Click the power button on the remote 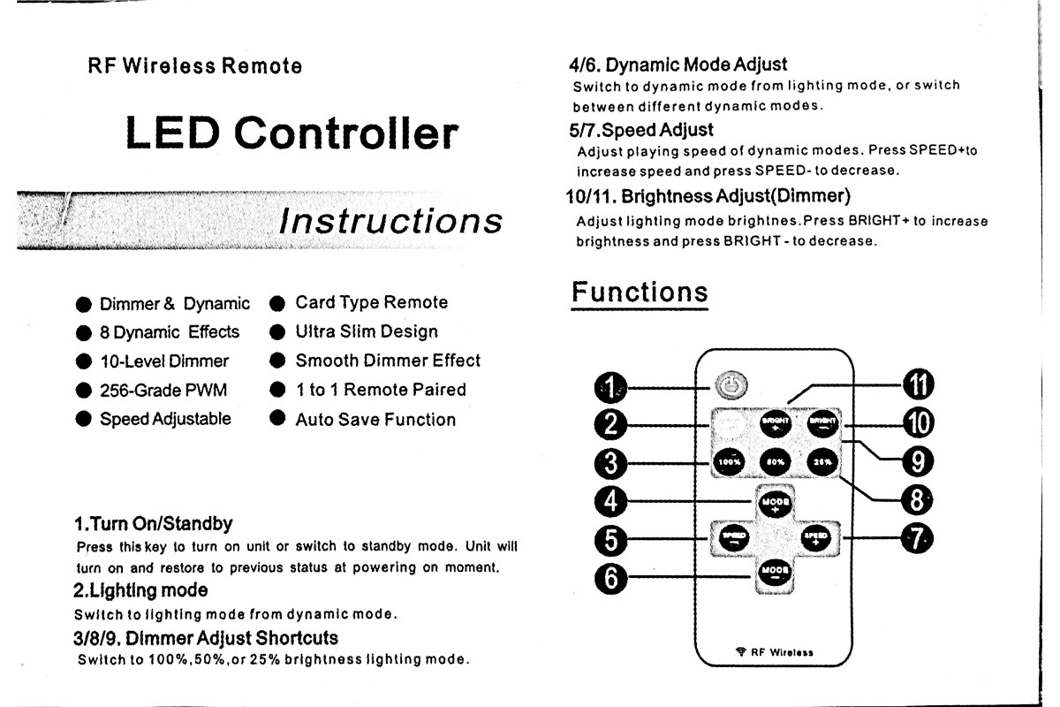pyautogui.click(x=732, y=385)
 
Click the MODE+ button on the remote pyautogui.click(x=774, y=502)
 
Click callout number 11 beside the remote pyautogui.click(x=918, y=385)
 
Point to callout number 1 pyautogui.click(x=609, y=386)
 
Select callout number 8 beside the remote pyautogui.click(x=918, y=500)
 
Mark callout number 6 pyautogui.click(x=609, y=579)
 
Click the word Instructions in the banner pyautogui.click(x=390, y=220)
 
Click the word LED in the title pyautogui.click(x=173, y=133)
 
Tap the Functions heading pyautogui.click(x=640, y=292)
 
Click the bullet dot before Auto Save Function pyautogui.click(x=277, y=419)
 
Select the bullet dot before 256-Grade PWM pyautogui.click(x=84, y=391)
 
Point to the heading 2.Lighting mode pyautogui.click(x=140, y=589)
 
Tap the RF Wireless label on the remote pyautogui.click(x=782, y=653)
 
